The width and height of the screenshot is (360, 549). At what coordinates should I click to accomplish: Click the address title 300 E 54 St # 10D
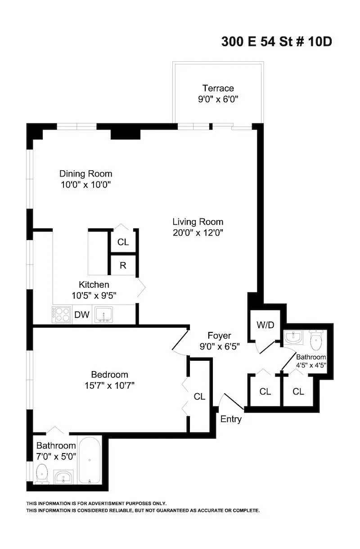click(x=276, y=42)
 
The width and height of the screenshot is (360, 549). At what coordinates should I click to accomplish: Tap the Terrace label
click(x=218, y=88)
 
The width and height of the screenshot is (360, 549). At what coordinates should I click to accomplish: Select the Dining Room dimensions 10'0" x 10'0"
click(x=85, y=184)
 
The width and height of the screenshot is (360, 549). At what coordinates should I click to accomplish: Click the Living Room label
click(x=198, y=222)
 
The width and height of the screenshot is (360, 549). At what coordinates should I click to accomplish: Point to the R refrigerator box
click(x=122, y=266)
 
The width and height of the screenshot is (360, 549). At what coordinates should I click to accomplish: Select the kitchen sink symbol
click(x=104, y=315)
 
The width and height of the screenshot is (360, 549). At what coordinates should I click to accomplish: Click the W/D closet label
click(x=265, y=325)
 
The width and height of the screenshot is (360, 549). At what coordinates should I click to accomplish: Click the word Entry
click(x=231, y=419)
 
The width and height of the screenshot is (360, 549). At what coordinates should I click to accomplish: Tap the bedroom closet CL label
click(x=199, y=397)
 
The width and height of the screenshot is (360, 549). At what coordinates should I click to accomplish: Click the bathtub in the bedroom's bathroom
click(x=90, y=461)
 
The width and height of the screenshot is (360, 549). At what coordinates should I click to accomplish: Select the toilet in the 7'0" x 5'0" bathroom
click(x=41, y=473)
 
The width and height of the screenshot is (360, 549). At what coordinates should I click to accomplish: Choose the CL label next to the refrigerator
click(x=123, y=242)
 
